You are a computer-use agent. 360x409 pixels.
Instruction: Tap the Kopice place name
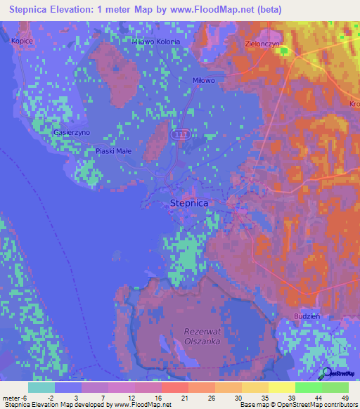tap(22, 41)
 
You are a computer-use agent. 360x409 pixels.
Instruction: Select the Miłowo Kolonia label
tap(156, 41)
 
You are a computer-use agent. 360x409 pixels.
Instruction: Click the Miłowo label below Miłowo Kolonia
tap(203, 81)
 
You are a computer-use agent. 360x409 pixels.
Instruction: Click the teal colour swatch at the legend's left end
tap(41, 387)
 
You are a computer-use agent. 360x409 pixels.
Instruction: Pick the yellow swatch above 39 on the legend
tap(281, 387)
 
